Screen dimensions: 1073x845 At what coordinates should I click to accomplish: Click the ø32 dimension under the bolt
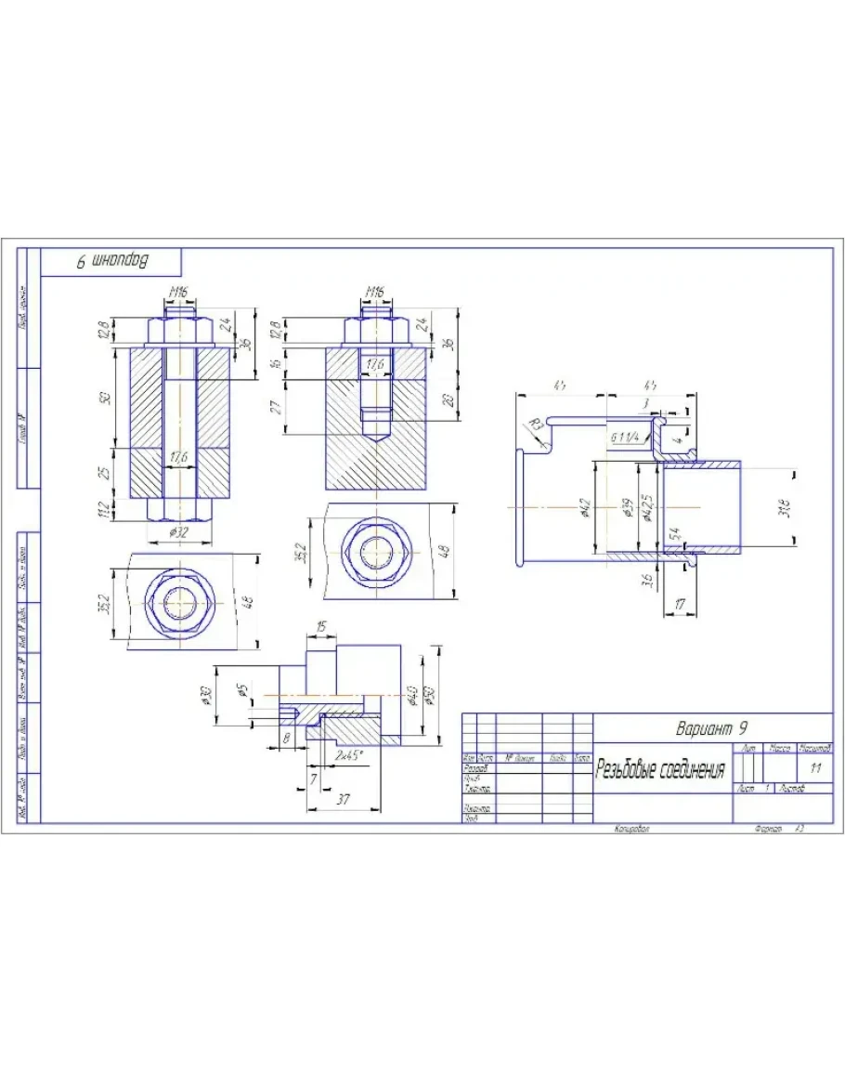(x=178, y=533)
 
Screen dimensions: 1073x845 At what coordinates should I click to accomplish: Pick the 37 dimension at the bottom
(x=345, y=799)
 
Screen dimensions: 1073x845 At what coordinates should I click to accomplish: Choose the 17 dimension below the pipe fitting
(x=681, y=605)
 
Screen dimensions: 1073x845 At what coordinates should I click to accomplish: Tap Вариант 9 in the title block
(x=712, y=726)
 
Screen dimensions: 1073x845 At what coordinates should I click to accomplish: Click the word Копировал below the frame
(x=631, y=828)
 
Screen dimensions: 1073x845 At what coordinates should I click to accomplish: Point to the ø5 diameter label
(x=243, y=694)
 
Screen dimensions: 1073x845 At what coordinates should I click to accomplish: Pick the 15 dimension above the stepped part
(x=320, y=629)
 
